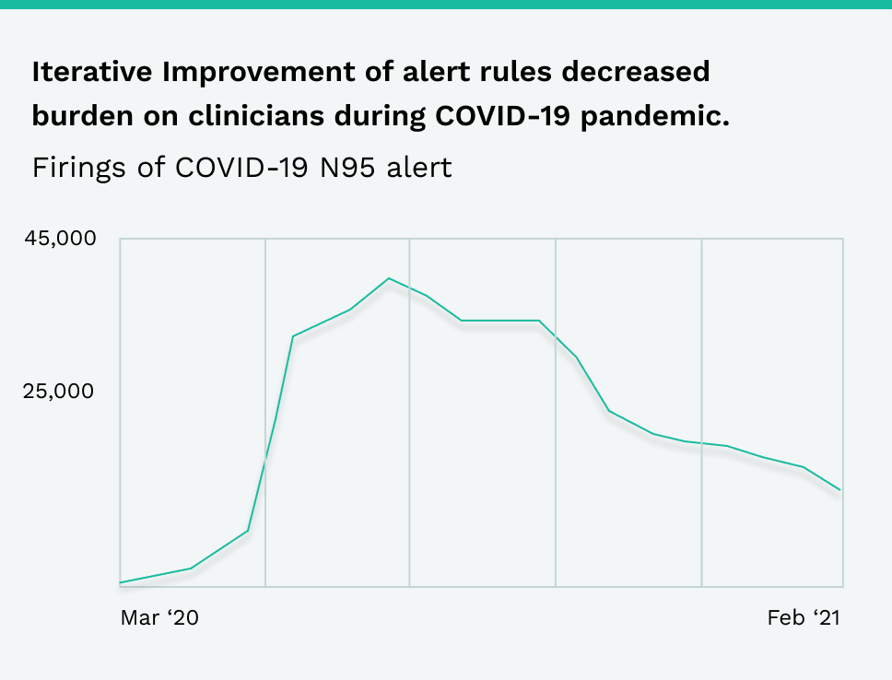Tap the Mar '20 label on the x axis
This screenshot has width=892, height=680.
coord(159,617)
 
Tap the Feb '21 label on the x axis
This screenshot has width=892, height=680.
coord(804,617)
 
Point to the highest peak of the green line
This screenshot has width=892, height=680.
coord(389,278)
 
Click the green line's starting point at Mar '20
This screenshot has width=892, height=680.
coord(122,582)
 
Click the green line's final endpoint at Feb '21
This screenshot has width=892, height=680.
coord(840,489)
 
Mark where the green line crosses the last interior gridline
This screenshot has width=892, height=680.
coord(702,443)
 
